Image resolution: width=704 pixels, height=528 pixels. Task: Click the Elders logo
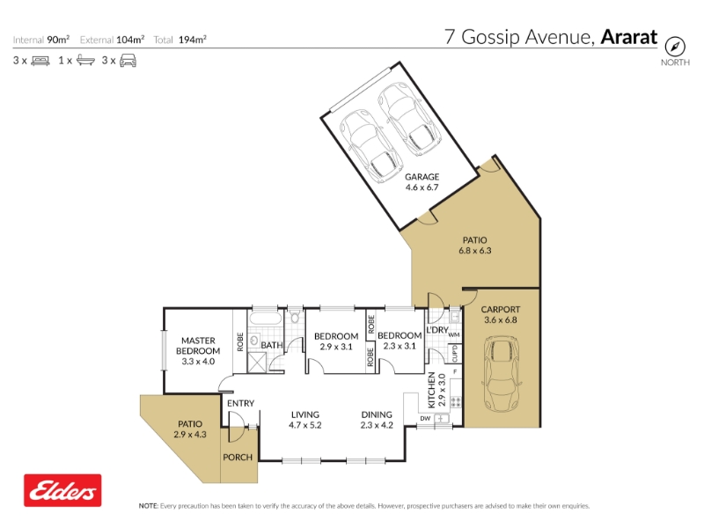click(x=62, y=490)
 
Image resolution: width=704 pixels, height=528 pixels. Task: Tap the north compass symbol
click(x=675, y=47)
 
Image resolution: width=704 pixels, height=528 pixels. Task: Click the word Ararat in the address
click(x=629, y=37)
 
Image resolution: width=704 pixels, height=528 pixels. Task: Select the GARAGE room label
click(x=422, y=177)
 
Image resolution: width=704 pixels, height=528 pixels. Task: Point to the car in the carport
click(x=501, y=373)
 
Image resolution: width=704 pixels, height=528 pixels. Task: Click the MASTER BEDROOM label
click(x=198, y=346)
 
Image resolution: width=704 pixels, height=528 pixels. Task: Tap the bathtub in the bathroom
click(x=266, y=319)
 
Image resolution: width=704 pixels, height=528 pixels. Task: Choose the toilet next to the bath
click(x=295, y=316)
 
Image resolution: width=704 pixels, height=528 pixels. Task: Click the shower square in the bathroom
click(x=257, y=363)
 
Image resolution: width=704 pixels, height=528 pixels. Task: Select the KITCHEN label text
click(x=431, y=390)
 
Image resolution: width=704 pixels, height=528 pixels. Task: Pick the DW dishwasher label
click(x=425, y=419)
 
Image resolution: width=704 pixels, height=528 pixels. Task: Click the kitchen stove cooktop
click(x=456, y=401)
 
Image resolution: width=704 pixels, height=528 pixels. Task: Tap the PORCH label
click(x=238, y=457)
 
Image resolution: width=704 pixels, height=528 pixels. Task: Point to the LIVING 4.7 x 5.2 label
click(x=305, y=420)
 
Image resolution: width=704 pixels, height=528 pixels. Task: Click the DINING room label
click(x=377, y=414)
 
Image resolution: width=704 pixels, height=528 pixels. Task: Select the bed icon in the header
click(x=40, y=61)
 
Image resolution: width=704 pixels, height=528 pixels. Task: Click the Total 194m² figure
click(x=180, y=40)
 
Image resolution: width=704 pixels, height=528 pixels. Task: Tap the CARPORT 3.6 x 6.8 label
click(x=501, y=314)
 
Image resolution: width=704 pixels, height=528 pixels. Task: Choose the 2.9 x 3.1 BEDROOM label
click(x=336, y=341)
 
